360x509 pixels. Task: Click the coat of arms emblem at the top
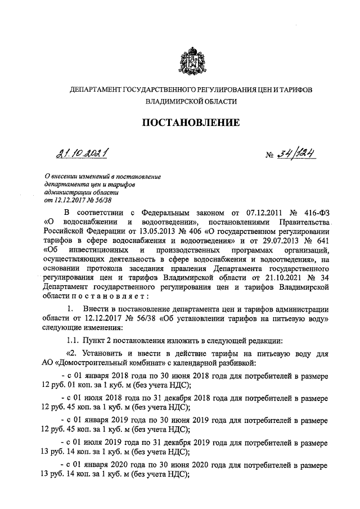[187, 61]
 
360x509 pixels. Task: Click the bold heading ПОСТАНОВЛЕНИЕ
[187, 123]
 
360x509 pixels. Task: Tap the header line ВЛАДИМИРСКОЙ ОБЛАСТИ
[187, 102]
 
